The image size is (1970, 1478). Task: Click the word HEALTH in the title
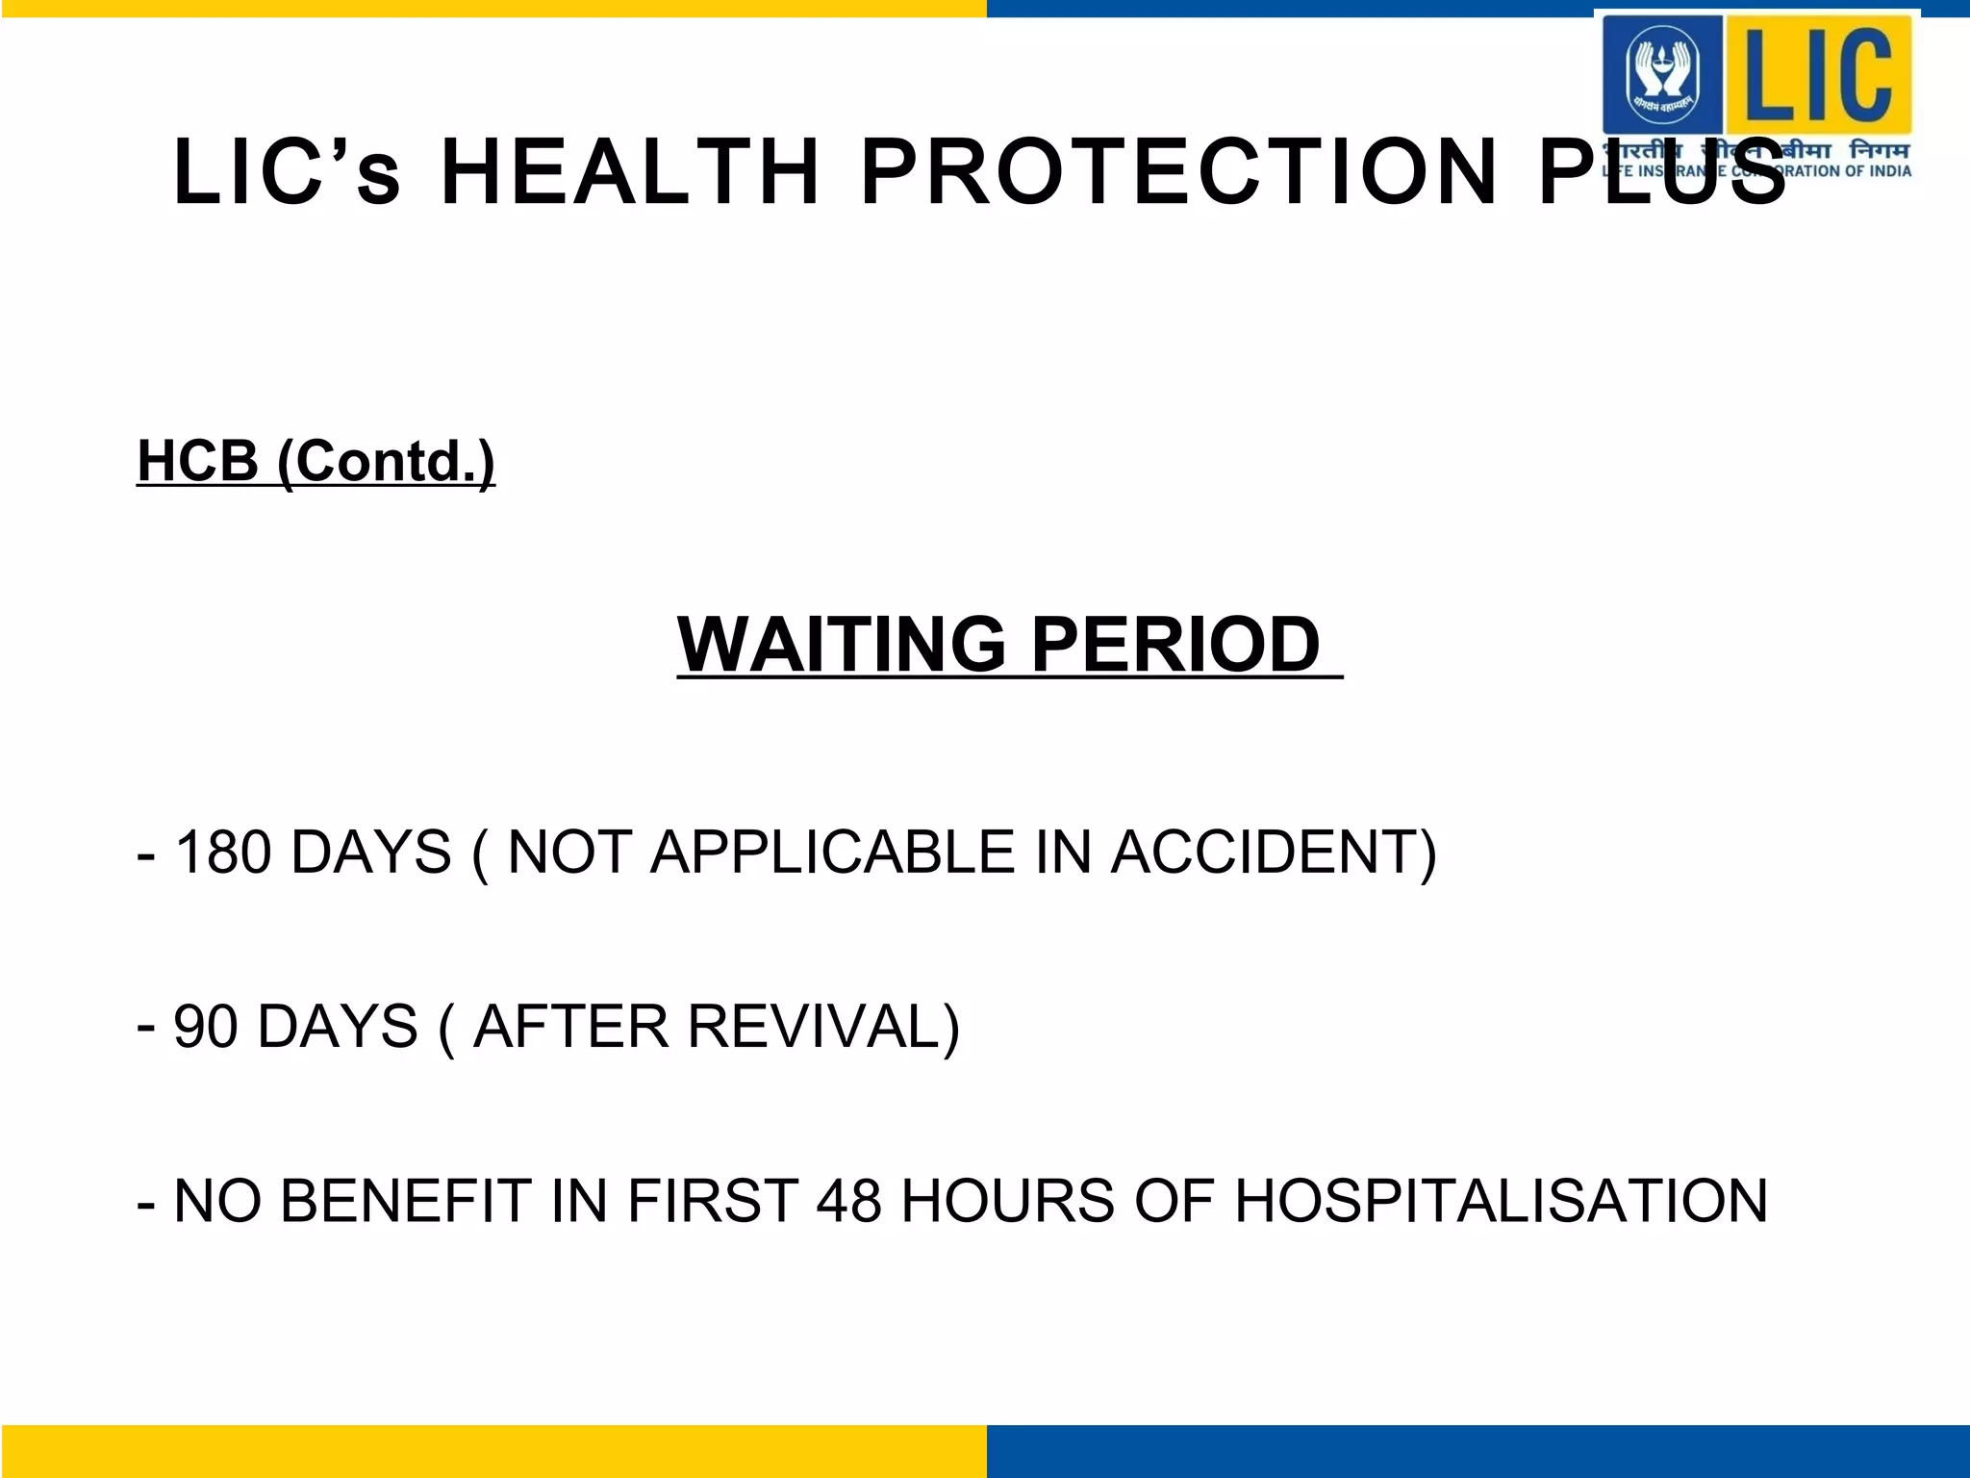point(630,173)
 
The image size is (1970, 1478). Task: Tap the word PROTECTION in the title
point(1179,173)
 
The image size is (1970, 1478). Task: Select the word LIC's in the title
point(287,173)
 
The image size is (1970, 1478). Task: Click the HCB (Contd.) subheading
point(316,461)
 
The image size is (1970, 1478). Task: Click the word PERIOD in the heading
point(1174,644)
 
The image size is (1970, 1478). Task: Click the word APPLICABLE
point(833,853)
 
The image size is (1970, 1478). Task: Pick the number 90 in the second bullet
point(205,1027)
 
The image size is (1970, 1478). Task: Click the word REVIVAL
point(823,1027)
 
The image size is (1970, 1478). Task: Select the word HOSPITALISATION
point(1501,1201)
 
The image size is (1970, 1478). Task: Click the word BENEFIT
point(405,1201)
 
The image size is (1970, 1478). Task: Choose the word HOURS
point(1008,1201)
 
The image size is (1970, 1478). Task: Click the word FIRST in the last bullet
point(713,1201)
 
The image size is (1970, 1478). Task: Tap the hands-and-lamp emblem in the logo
point(1661,74)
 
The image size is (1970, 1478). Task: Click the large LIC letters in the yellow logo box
point(1818,74)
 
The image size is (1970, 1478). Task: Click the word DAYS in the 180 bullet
point(370,853)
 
